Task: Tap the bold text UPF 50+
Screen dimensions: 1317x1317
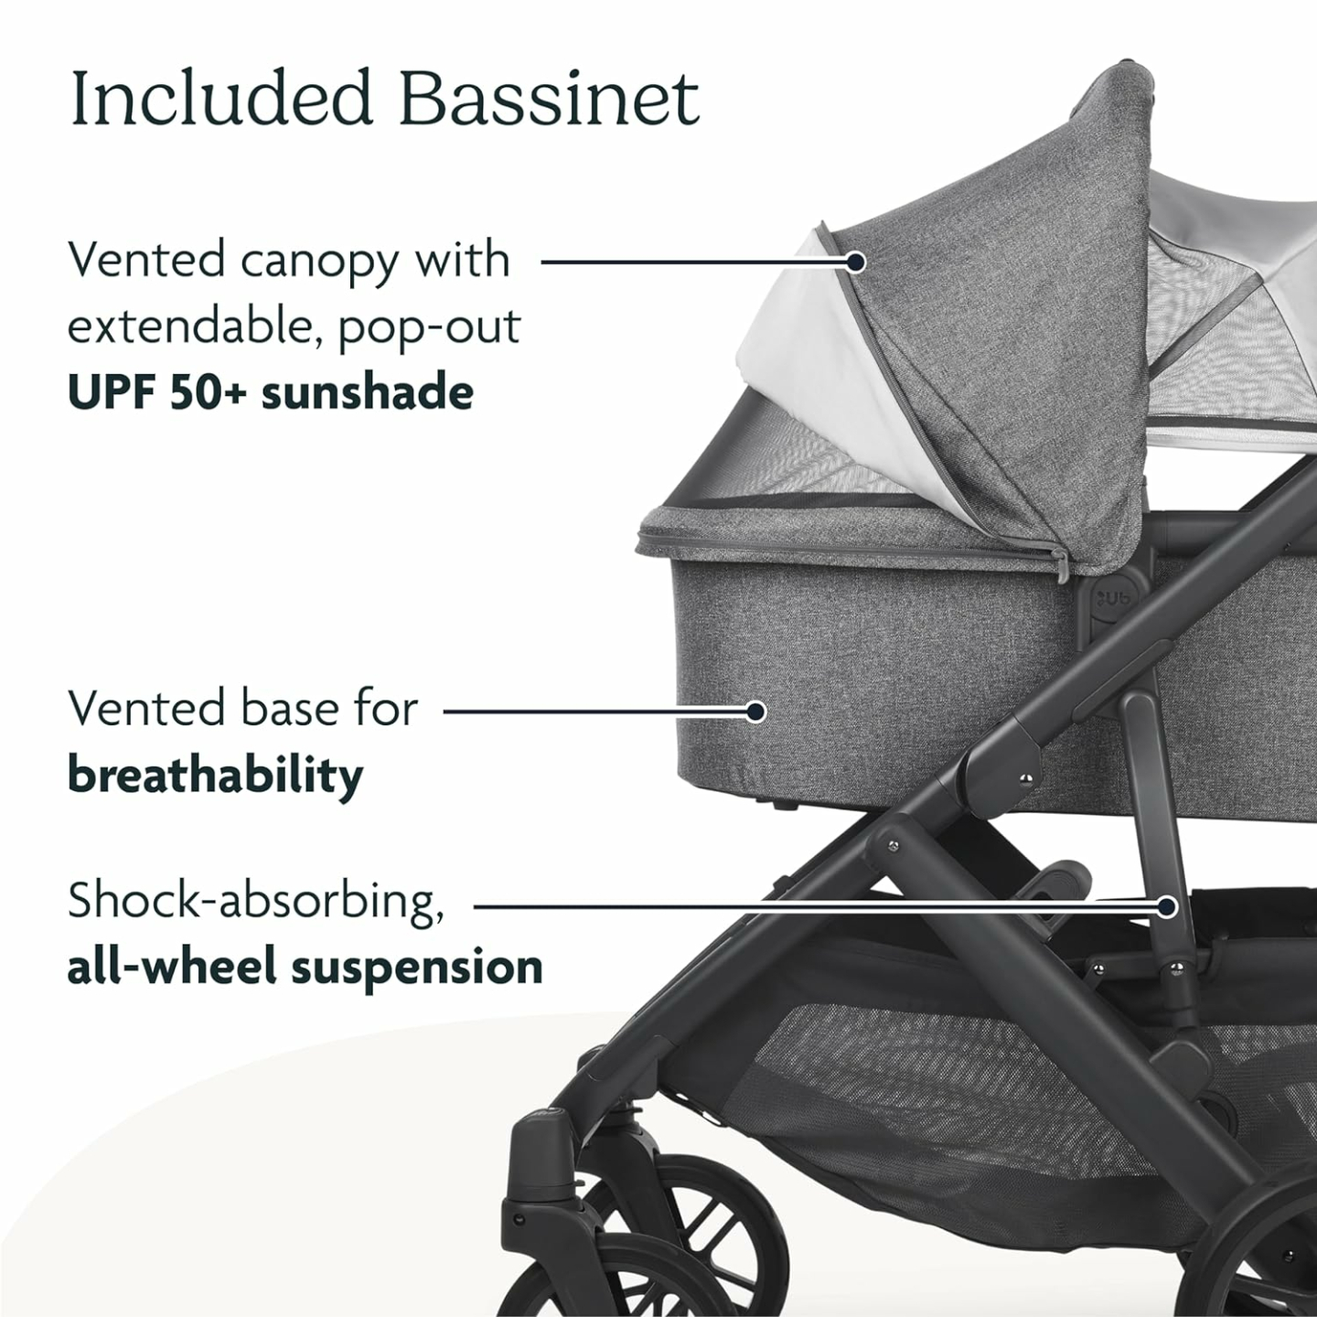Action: pos(157,392)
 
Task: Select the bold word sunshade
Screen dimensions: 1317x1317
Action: pos(368,392)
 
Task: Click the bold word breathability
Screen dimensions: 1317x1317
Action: pos(215,776)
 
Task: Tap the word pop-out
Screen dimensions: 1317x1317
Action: pos(429,327)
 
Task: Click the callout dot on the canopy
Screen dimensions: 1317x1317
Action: pos(855,262)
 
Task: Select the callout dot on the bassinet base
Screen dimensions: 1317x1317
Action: pos(755,711)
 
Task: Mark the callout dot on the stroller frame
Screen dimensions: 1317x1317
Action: pos(1166,906)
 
